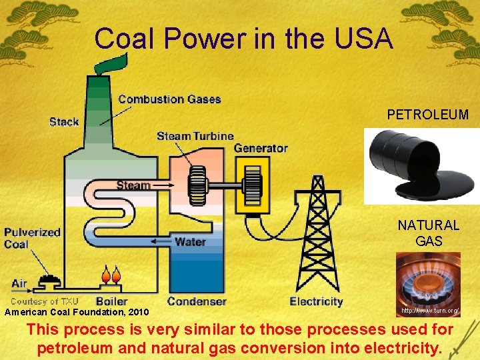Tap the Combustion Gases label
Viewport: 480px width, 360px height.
pyautogui.click(x=169, y=99)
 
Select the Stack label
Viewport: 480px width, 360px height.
pyautogui.click(x=64, y=121)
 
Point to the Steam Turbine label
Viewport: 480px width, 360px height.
pyautogui.click(x=195, y=136)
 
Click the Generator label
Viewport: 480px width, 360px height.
pyautogui.click(x=261, y=148)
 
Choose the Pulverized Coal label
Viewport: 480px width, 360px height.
pyautogui.click(x=32, y=238)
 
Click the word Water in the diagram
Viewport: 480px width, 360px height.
pyautogui.click(x=190, y=241)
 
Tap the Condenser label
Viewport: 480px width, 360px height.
pyautogui.click(x=197, y=301)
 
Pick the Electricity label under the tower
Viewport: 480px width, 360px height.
pyautogui.click(x=316, y=301)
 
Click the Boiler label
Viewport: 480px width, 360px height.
pyautogui.click(x=111, y=301)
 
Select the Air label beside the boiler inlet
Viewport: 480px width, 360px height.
pyautogui.click(x=19, y=283)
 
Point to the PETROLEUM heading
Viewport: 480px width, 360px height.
pyautogui.click(x=427, y=115)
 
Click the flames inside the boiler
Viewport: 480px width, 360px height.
pyautogui.click(x=111, y=275)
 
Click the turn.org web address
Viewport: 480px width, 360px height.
pyautogui.click(x=429, y=311)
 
